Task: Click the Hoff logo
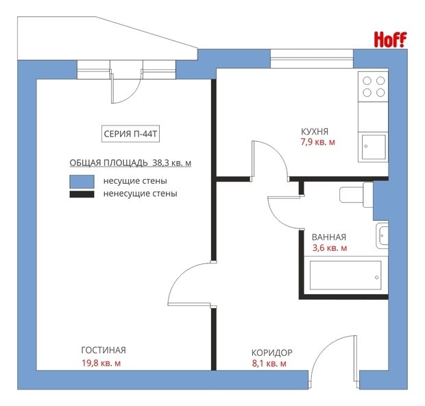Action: point(390,40)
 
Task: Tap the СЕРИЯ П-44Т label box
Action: point(130,134)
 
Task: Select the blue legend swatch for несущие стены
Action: point(82,182)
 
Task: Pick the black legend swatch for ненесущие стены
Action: point(82,194)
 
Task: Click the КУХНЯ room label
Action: point(315,132)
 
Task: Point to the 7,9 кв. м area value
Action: point(317,142)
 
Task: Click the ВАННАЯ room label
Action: point(329,237)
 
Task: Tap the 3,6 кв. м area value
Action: point(330,248)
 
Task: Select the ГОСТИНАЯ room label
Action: point(104,350)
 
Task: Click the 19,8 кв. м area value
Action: point(101,363)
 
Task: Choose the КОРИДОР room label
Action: point(272,353)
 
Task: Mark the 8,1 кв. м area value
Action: point(269,363)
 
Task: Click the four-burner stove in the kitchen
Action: point(373,87)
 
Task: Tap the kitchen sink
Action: point(374,147)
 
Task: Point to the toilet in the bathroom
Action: point(356,195)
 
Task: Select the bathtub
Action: point(345,275)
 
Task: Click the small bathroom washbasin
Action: point(382,235)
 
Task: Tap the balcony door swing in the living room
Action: point(126,86)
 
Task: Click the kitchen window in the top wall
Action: point(312,58)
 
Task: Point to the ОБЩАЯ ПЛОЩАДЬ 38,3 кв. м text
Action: point(130,163)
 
